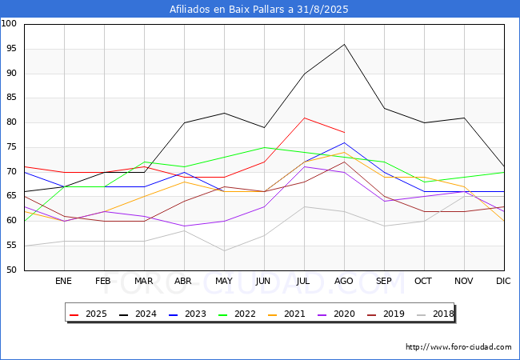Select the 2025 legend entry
pos(88,314)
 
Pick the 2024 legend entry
pos(138,314)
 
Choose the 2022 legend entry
pos(237,314)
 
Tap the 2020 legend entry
pos(336,314)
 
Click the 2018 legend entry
pos(435,314)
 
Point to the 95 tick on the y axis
pos(11,48)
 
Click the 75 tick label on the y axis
pos(11,147)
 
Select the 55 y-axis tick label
pos(11,246)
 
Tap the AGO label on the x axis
pos(344,281)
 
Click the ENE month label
pos(63,281)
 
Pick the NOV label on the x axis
pos(464,281)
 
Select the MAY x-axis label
pos(224,281)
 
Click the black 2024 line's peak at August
pos(344,44)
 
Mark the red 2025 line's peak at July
pos(304,118)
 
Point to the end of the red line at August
pos(344,132)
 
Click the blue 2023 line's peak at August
pos(344,142)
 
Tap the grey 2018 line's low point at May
pos(224,251)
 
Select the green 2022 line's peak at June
pos(264,147)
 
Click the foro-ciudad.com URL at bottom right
pos(458,347)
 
